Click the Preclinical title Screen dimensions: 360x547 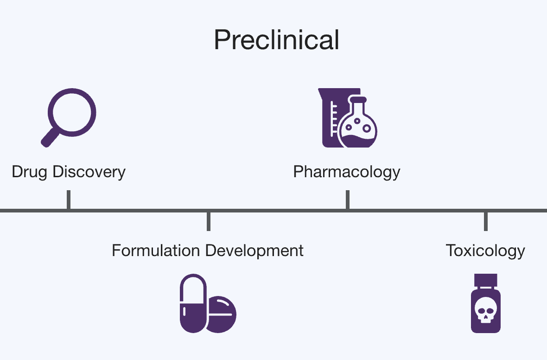(x=276, y=40)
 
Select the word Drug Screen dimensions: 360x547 (x=30, y=172)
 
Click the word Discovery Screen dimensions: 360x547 (x=89, y=172)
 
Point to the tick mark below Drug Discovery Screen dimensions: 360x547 (x=69, y=199)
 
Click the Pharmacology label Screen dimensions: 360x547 (x=347, y=172)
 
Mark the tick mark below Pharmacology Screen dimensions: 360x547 (x=347, y=199)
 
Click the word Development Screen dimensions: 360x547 (x=254, y=251)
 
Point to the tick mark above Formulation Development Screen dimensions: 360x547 (x=209, y=221)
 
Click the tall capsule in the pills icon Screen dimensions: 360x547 (x=193, y=303)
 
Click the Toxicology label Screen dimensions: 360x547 (x=485, y=251)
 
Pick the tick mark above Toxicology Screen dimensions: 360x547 (x=485, y=221)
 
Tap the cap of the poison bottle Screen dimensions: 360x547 (x=485, y=279)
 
